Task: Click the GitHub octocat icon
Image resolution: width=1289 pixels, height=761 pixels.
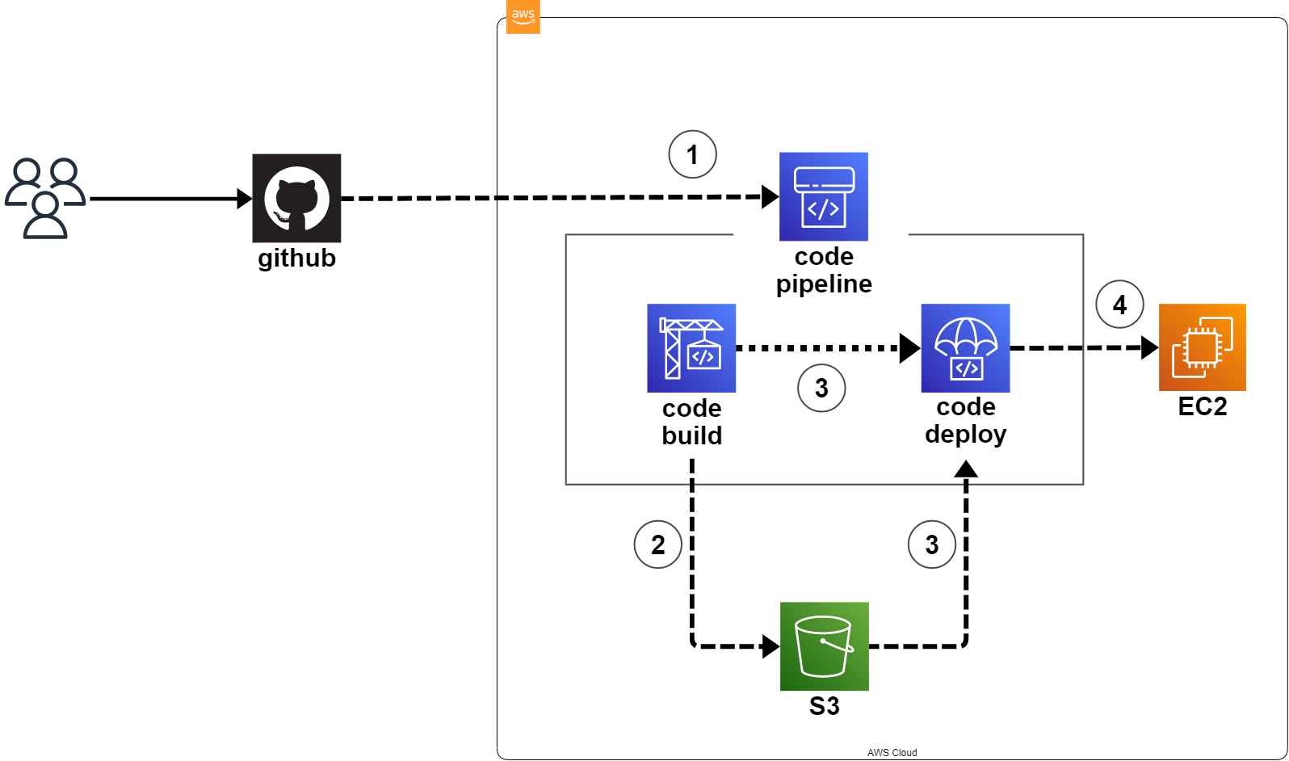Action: pyautogui.click(x=296, y=198)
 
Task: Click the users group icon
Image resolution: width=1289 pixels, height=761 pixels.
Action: pyautogui.click(x=45, y=198)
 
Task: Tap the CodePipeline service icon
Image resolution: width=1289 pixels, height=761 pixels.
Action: pyautogui.click(x=823, y=196)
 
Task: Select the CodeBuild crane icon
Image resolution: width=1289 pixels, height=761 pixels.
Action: pyautogui.click(x=691, y=348)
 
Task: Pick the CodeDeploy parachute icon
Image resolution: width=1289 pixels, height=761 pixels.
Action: pyautogui.click(x=965, y=348)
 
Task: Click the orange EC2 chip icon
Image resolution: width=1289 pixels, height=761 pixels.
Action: pyautogui.click(x=1202, y=347)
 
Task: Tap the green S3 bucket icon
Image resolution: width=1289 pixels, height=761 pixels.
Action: pyautogui.click(x=824, y=646)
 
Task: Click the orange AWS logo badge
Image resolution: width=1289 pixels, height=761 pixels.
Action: pyautogui.click(x=523, y=16)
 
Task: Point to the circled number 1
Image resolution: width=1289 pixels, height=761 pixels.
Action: pyautogui.click(x=692, y=154)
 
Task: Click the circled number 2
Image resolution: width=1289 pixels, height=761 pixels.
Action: pyautogui.click(x=657, y=544)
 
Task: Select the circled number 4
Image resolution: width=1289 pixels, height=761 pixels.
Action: pyautogui.click(x=1119, y=305)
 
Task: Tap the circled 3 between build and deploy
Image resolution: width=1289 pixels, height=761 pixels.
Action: pyautogui.click(x=821, y=389)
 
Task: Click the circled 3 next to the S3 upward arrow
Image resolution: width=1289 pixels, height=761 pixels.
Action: pyautogui.click(x=931, y=544)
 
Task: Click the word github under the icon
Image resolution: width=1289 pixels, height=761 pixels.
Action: pyautogui.click(x=296, y=259)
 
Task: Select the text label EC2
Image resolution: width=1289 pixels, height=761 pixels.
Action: pyautogui.click(x=1202, y=406)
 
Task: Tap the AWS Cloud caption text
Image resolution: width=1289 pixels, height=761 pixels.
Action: pyautogui.click(x=892, y=752)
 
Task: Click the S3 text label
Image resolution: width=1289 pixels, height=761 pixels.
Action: pyautogui.click(x=824, y=706)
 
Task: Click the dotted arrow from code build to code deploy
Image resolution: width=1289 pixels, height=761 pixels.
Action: pyautogui.click(x=816, y=348)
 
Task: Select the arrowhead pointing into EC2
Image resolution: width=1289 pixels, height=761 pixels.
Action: pyautogui.click(x=1149, y=348)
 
